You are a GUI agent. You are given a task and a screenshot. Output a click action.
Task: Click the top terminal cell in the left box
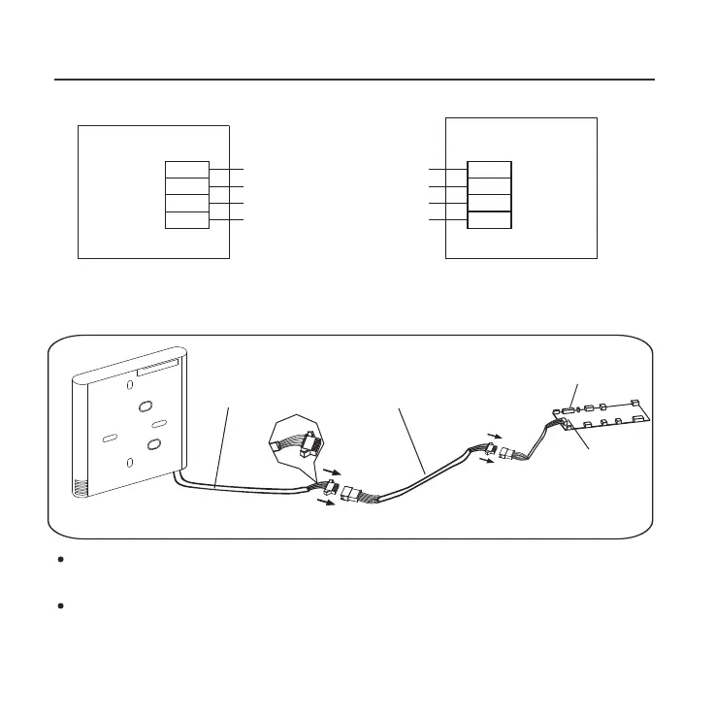pos(186,169)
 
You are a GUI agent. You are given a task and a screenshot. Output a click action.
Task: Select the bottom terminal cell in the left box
pos(186,220)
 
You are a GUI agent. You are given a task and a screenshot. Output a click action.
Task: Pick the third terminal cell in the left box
pos(186,203)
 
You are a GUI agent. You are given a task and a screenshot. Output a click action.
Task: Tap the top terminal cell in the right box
pos(489,169)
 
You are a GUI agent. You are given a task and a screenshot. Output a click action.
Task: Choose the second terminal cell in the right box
pos(489,185)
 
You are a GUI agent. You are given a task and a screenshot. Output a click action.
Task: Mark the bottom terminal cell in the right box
pos(489,220)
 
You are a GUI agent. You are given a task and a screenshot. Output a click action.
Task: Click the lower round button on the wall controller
pos(152,445)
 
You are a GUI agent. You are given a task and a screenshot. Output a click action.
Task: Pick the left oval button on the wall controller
pos(109,438)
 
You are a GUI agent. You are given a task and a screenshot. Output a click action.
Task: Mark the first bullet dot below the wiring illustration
pos(60,562)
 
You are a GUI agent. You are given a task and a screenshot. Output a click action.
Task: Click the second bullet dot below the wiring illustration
pos(60,604)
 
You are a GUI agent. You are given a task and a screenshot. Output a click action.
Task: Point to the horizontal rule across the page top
pos(357,80)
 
